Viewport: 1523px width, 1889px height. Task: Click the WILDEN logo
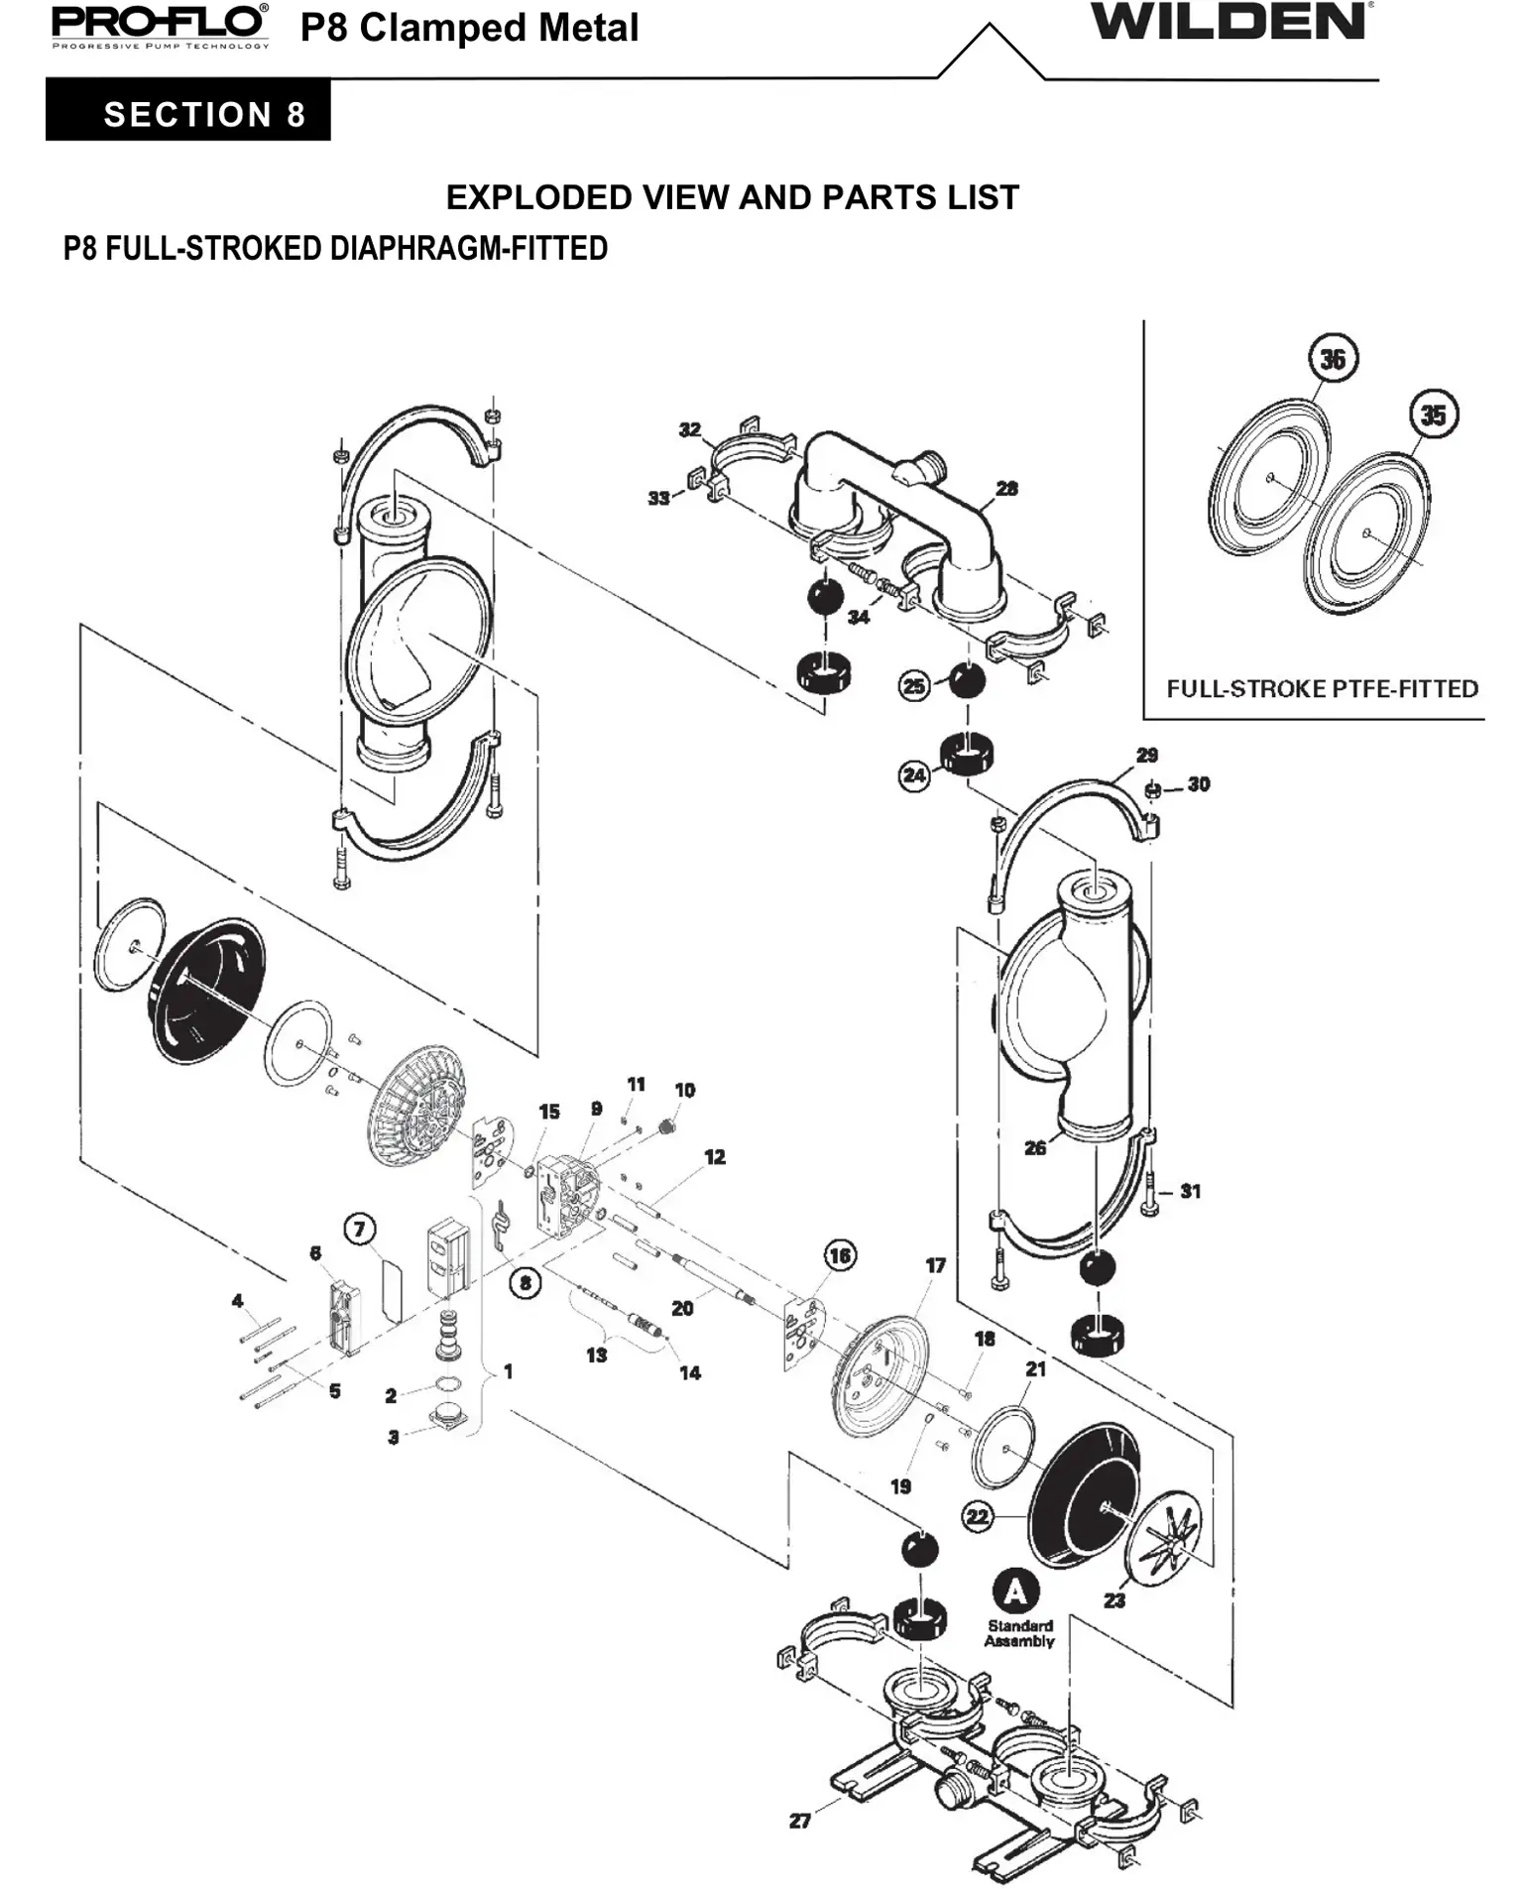pos(1230,22)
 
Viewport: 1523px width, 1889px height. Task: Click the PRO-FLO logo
pos(160,25)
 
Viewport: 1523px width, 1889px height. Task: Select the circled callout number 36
pos(1333,359)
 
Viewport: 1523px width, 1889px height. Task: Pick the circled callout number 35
pos(1434,414)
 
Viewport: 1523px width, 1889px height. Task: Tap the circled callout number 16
pos(840,1255)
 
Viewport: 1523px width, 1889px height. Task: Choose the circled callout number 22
pos(978,1516)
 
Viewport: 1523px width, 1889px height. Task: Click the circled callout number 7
pos(359,1230)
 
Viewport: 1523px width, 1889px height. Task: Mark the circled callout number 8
pos(525,1283)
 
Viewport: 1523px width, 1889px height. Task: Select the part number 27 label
pos(800,1821)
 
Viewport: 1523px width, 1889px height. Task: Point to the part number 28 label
pos(1006,489)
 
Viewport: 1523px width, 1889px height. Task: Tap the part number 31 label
pos(1191,1191)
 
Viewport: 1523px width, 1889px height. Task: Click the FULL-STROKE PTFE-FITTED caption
pos(1322,688)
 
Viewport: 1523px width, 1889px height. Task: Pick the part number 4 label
pos(237,1300)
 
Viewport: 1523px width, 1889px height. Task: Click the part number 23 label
pos(1114,1600)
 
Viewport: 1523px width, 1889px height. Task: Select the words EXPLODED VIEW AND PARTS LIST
pos(732,197)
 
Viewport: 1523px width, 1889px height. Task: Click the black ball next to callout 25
pos(967,681)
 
